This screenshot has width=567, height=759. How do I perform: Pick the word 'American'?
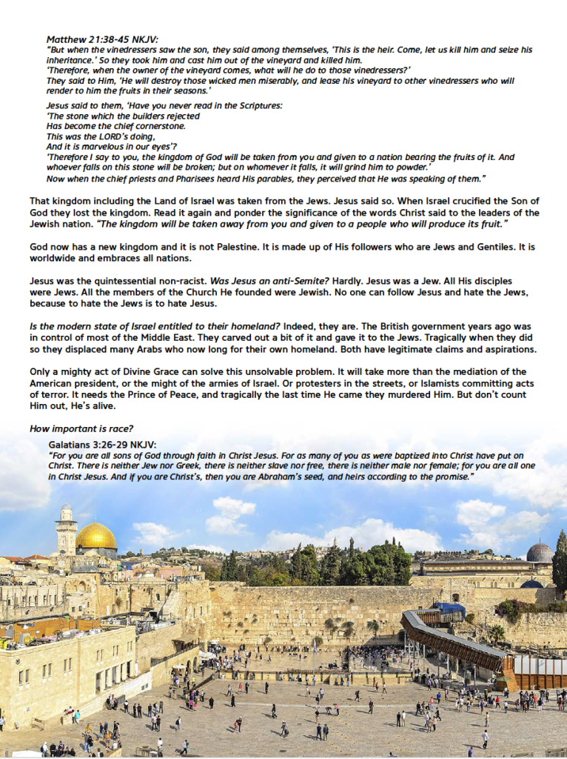(61, 383)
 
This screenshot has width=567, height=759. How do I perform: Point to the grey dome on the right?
(540, 553)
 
